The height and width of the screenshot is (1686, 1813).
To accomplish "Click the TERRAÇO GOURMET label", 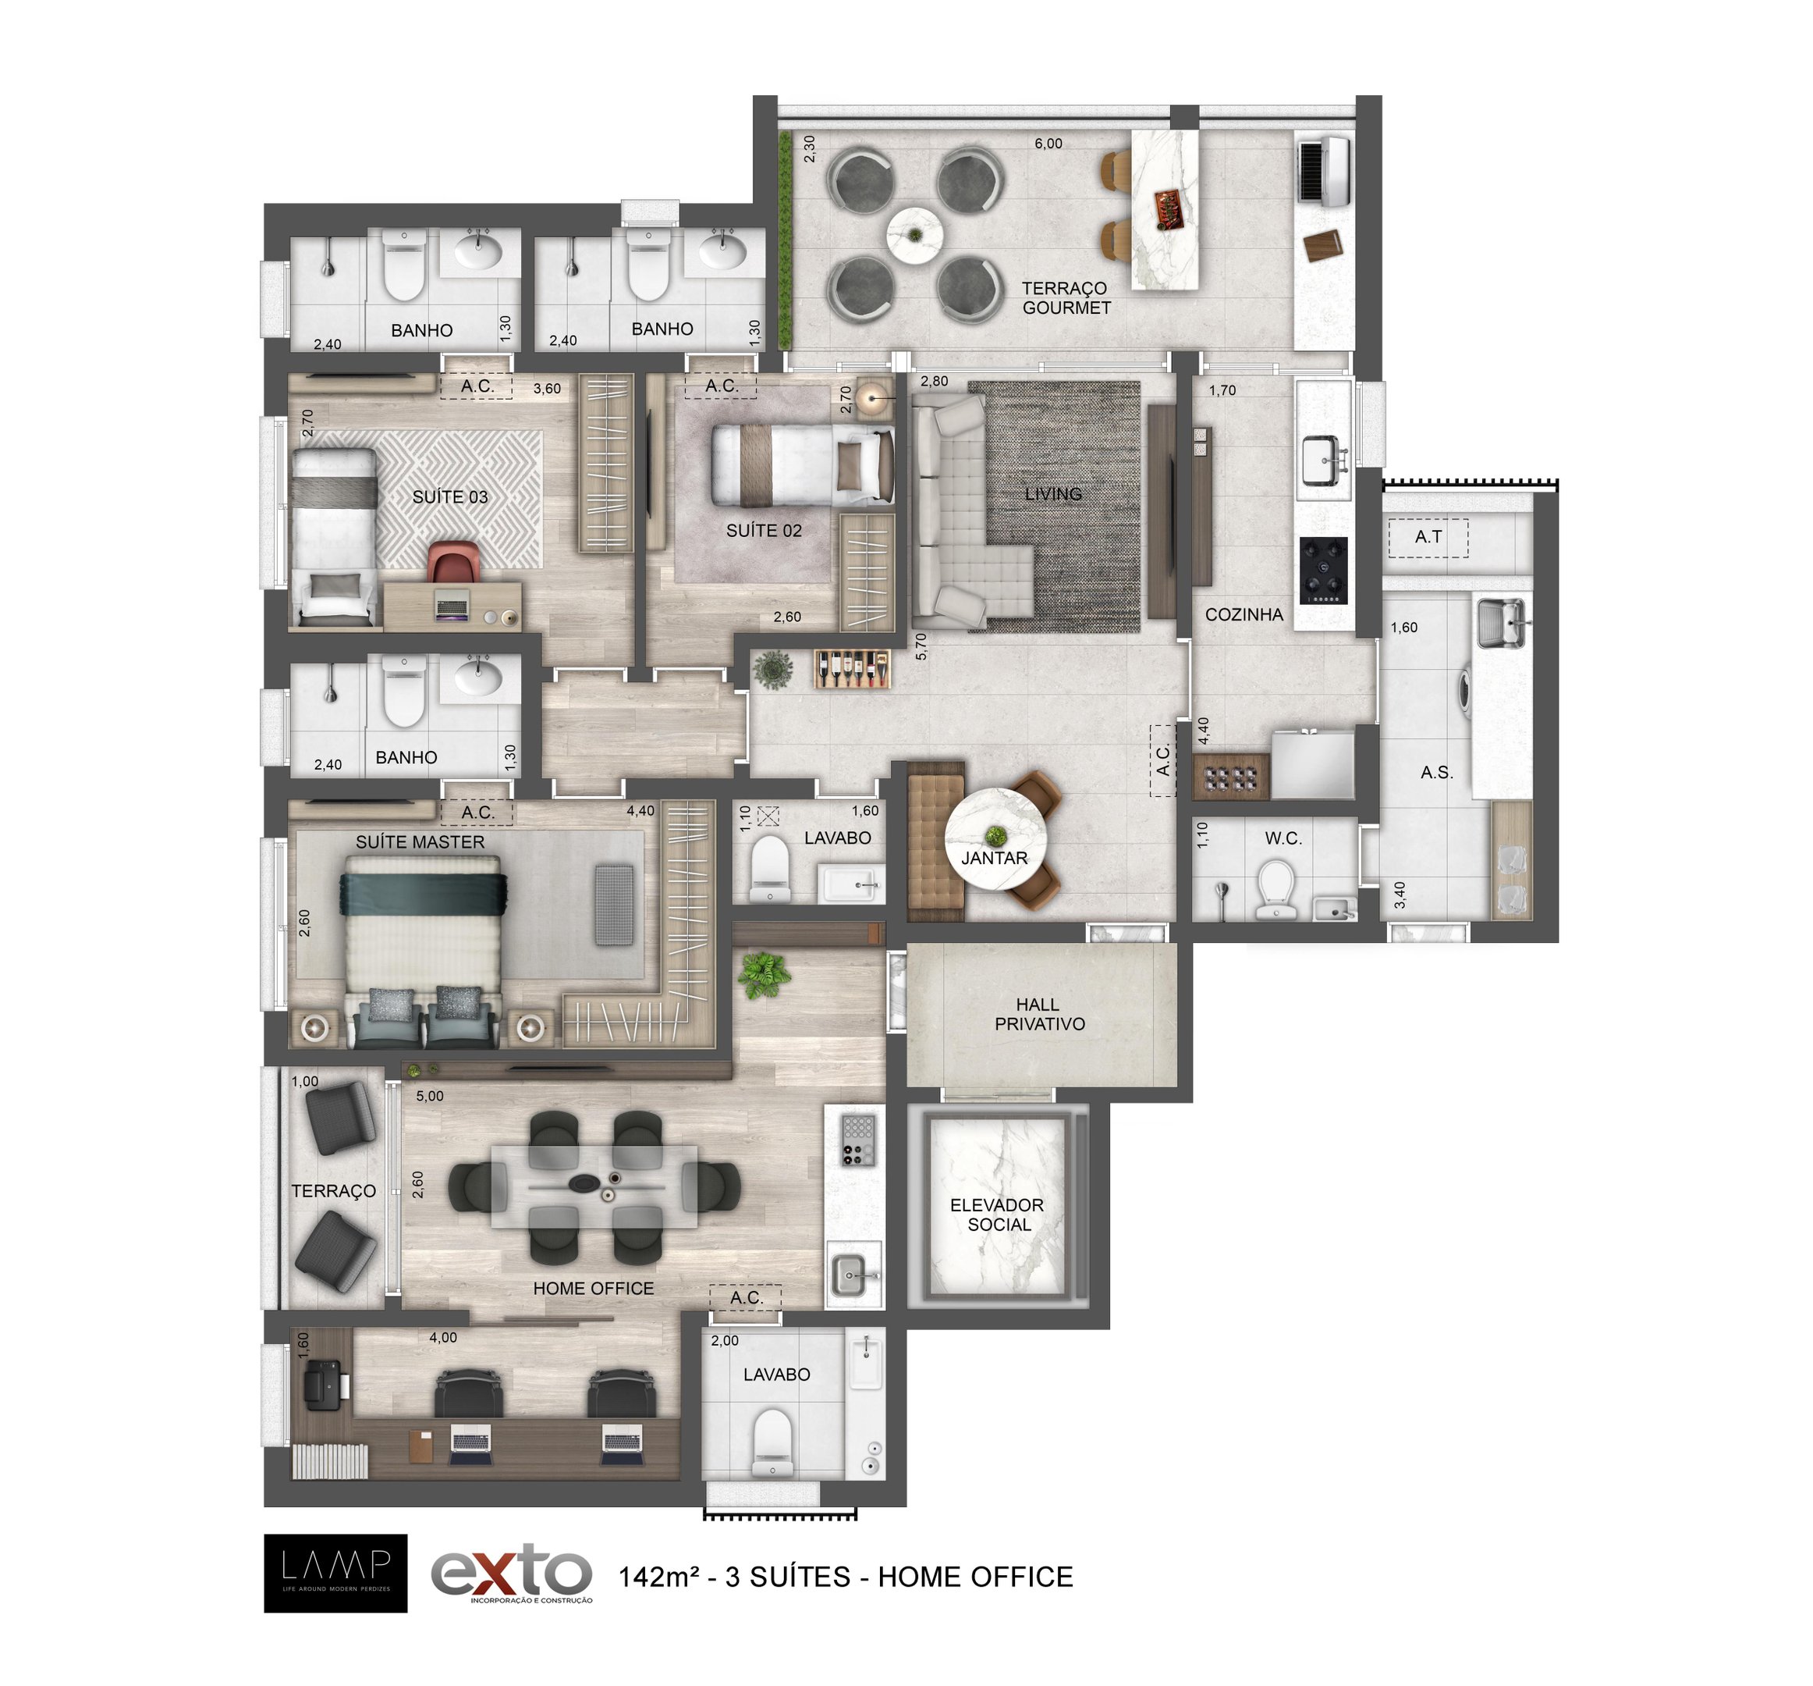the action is pyautogui.click(x=1066, y=298).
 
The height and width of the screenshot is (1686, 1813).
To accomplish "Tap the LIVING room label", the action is pyautogui.click(x=1053, y=493).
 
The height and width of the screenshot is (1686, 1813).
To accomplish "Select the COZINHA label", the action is pyautogui.click(x=1244, y=614).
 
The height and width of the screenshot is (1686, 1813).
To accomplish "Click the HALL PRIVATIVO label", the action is pyautogui.click(x=1039, y=1014).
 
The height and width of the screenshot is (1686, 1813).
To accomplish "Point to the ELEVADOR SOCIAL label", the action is pyautogui.click(x=998, y=1215).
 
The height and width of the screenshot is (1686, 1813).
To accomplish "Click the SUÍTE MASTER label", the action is pyautogui.click(x=420, y=841).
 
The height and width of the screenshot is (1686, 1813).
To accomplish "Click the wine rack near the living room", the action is pyautogui.click(x=853, y=669).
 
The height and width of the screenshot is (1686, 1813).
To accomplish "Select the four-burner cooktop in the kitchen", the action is pyautogui.click(x=1323, y=571).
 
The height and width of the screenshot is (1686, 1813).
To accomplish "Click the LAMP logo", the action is pyautogui.click(x=335, y=1573).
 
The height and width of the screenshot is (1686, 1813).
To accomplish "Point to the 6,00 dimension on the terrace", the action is pyautogui.click(x=1048, y=144).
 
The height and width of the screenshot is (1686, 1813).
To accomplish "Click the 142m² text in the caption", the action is pyautogui.click(x=659, y=1577).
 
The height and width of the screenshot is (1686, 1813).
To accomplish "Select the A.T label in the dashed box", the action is pyautogui.click(x=1428, y=536).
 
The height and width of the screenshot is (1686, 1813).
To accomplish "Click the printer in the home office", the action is pyautogui.click(x=324, y=1384).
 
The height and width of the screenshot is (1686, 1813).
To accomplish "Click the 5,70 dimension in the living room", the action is pyautogui.click(x=921, y=646).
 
